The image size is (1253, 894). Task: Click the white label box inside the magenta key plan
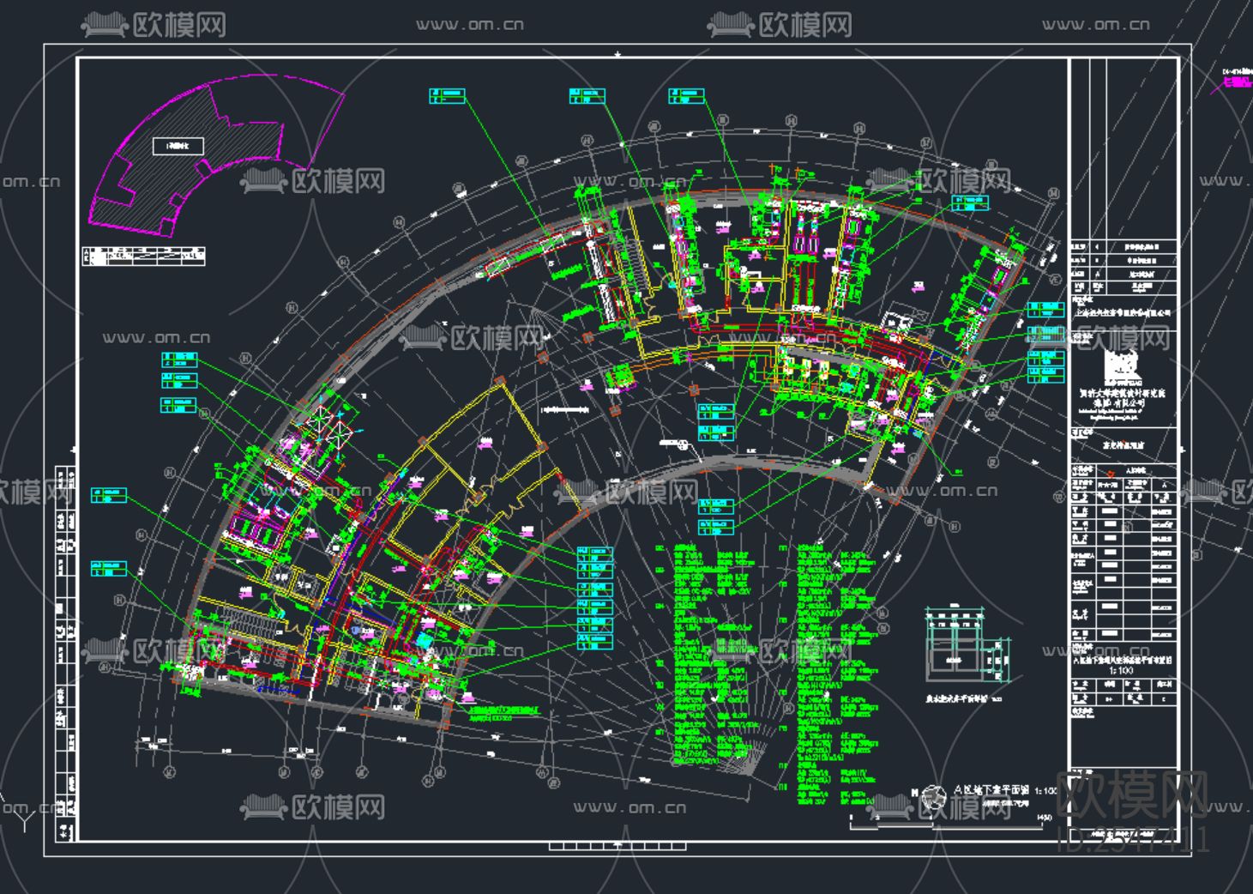[178, 146]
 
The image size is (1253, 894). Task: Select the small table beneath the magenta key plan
[144, 256]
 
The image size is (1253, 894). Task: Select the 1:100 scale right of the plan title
[1045, 791]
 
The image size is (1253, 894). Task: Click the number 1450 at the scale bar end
[1044, 818]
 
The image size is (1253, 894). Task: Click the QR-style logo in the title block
[1123, 365]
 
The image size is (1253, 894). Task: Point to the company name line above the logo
[1123, 313]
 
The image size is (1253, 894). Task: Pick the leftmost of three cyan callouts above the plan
[447, 95]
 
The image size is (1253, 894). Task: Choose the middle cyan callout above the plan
[587, 95]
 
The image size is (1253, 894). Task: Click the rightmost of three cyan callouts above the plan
[687, 95]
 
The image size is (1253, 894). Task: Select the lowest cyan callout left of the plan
[109, 569]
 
